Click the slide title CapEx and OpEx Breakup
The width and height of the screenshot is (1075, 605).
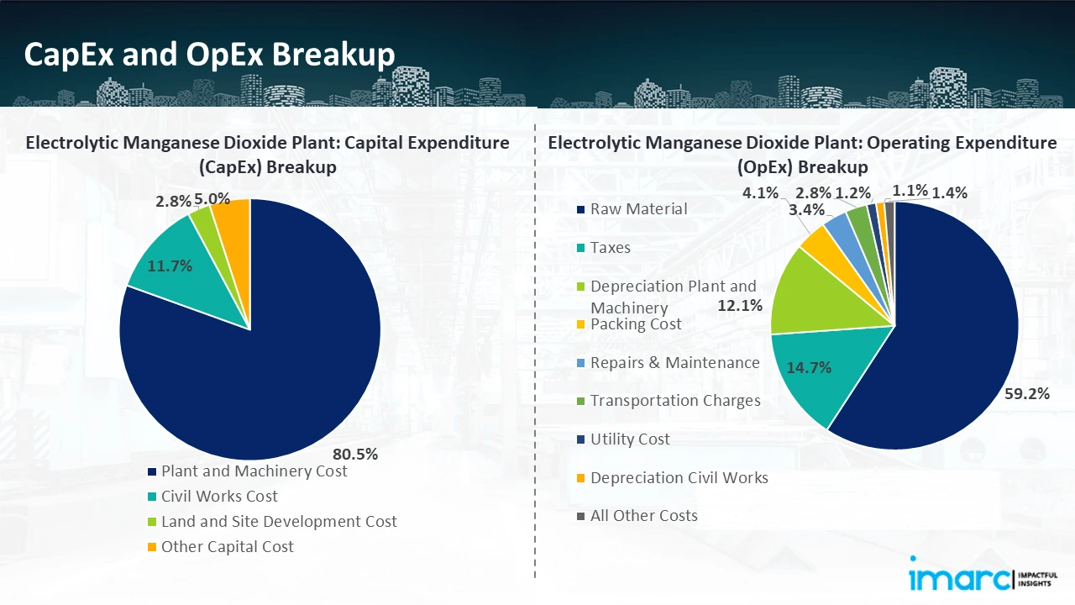pos(209,54)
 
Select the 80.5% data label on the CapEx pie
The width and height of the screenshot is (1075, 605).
pos(355,455)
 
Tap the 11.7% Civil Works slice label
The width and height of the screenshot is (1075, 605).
pos(170,266)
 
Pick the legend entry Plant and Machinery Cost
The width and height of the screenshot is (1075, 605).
pos(254,471)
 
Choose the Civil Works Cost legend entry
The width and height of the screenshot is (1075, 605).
pos(219,497)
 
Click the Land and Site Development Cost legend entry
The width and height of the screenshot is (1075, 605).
pos(279,522)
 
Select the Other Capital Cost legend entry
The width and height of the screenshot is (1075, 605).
pos(227,547)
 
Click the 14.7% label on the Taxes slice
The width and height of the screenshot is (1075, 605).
pos(809,366)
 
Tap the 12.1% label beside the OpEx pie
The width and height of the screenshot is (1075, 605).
pos(740,305)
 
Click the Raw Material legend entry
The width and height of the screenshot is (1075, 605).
pos(638,209)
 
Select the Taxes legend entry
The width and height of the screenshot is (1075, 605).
pos(610,248)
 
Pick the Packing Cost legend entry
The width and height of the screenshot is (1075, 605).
pos(636,324)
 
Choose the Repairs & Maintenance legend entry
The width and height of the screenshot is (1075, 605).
pos(674,363)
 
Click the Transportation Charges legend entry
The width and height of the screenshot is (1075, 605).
pos(675,401)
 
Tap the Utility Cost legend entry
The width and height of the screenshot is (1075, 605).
pos(630,439)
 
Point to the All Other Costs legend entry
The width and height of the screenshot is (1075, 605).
pos(643,516)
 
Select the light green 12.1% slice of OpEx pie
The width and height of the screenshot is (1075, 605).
pos(802,294)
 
